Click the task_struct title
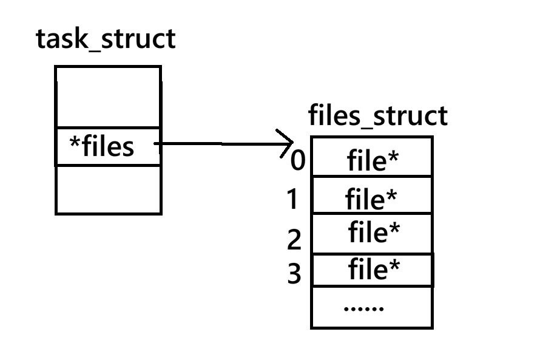[106, 39]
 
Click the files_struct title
[378, 116]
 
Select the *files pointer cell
[109, 146]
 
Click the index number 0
[298, 160]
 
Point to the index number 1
[292, 199]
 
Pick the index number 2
[294, 239]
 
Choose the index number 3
[294, 273]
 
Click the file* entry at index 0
[373, 160]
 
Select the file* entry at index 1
[371, 199]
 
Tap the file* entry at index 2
[374, 231]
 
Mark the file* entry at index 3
[374, 268]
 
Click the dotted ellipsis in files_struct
[363, 308]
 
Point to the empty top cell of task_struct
[109, 97]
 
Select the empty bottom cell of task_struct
[109, 190]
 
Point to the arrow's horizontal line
[223, 143]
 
